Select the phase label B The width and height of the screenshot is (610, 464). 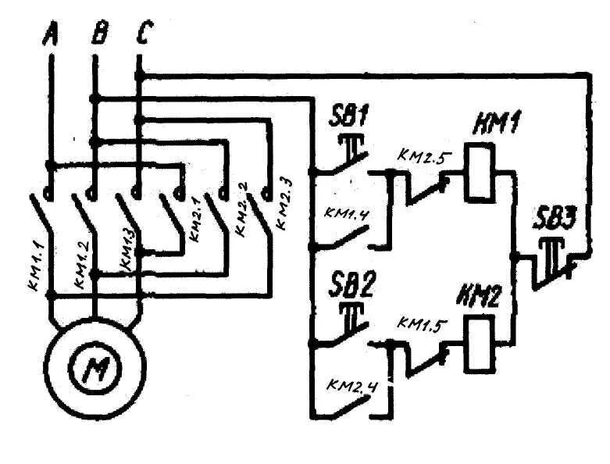[98, 34]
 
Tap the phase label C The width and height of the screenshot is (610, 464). [144, 34]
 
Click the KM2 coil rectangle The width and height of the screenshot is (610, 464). [478, 344]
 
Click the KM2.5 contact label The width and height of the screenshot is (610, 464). [423, 156]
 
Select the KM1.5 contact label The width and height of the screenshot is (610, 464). [423, 323]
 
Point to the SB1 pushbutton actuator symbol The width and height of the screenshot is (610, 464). [348, 145]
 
